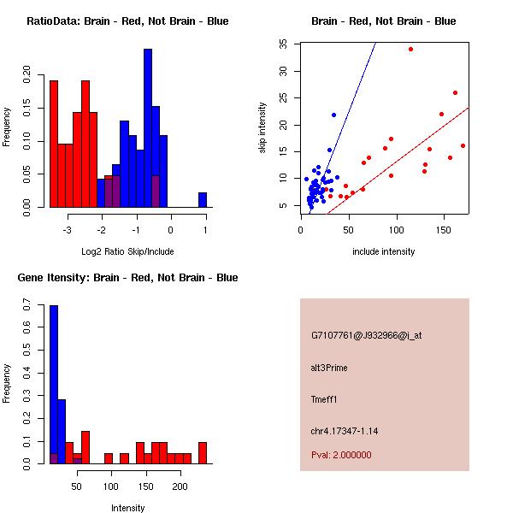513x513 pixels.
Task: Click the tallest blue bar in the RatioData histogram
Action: pyautogui.click(x=148, y=128)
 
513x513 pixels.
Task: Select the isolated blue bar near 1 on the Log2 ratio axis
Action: pyautogui.click(x=203, y=200)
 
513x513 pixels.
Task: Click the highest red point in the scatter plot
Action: pyautogui.click(x=410, y=50)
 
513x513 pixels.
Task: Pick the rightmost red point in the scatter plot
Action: pyautogui.click(x=463, y=145)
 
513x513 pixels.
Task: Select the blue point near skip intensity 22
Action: pyautogui.click(x=333, y=115)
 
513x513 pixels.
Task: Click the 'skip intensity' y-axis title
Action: pyautogui.click(x=262, y=128)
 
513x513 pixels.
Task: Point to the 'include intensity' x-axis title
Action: pyautogui.click(x=384, y=251)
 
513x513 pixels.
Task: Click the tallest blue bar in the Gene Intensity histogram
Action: pyautogui.click(x=54, y=385)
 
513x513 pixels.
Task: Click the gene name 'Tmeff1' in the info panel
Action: pyautogui.click(x=325, y=399)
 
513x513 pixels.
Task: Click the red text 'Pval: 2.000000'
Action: pyautogui.click(x=341, y=455)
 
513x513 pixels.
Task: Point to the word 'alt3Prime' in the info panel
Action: pyautogui.click(x=329, y=368)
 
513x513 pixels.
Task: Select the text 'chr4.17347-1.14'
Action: pyautogui.click(x=345, y=431)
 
